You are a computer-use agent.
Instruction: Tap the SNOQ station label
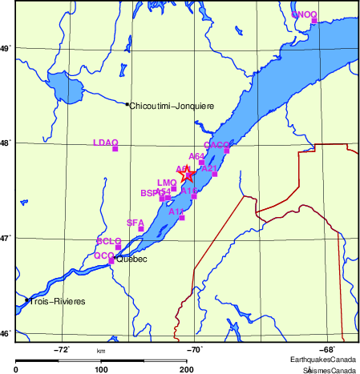[305, 14]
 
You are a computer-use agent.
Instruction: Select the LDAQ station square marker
[115, 148]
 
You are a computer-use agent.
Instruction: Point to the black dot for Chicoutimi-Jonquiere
[127, 103]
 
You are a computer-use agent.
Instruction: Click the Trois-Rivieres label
[57, 301]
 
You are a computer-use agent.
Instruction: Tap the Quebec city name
[131, 259]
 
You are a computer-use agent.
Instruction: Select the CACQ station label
[216, 145]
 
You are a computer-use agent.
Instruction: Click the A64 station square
[202, 163]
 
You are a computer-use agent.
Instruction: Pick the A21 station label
[208, 168]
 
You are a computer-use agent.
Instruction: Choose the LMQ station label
[166, 183]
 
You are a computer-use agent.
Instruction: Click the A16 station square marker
[194, 196]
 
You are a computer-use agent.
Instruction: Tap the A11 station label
[176, 211]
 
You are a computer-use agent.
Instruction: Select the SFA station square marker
[141, 229]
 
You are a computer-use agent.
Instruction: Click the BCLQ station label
[108, 240]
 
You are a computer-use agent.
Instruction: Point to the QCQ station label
[103, 255]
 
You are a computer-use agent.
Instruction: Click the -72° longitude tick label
[63, 349]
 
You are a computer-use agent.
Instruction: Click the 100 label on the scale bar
[101, 369]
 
